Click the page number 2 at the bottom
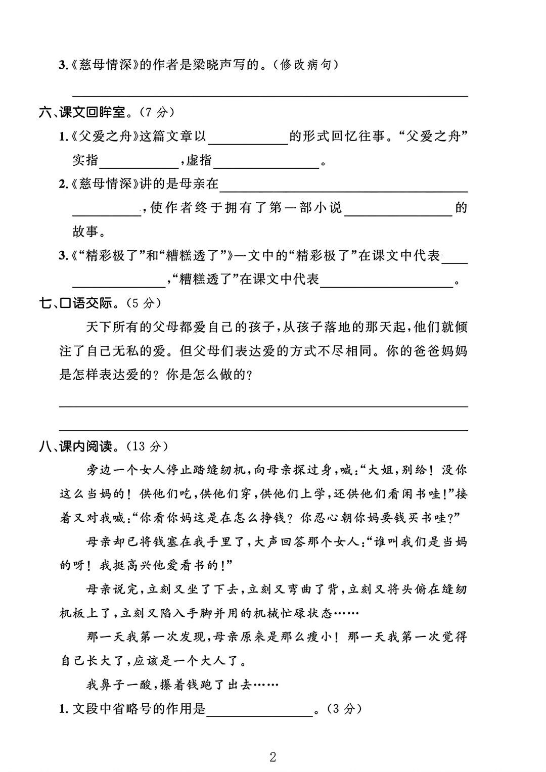click(273, 757)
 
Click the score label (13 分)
click(147, 446)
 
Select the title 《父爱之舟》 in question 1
click(102, 136)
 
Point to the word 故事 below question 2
click(85, 232)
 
